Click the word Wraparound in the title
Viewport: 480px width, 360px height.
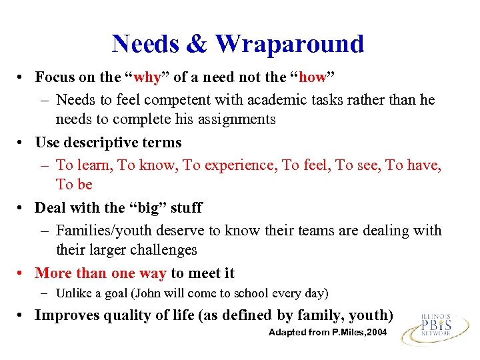tap(289, 44)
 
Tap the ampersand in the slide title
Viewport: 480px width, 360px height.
tap(197, 44)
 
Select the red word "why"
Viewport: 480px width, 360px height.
tap(147, 77)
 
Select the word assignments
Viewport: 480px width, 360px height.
tap(236, 119)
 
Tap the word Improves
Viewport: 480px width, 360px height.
tap(67, 315)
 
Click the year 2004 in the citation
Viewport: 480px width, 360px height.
tap(375, 332)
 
